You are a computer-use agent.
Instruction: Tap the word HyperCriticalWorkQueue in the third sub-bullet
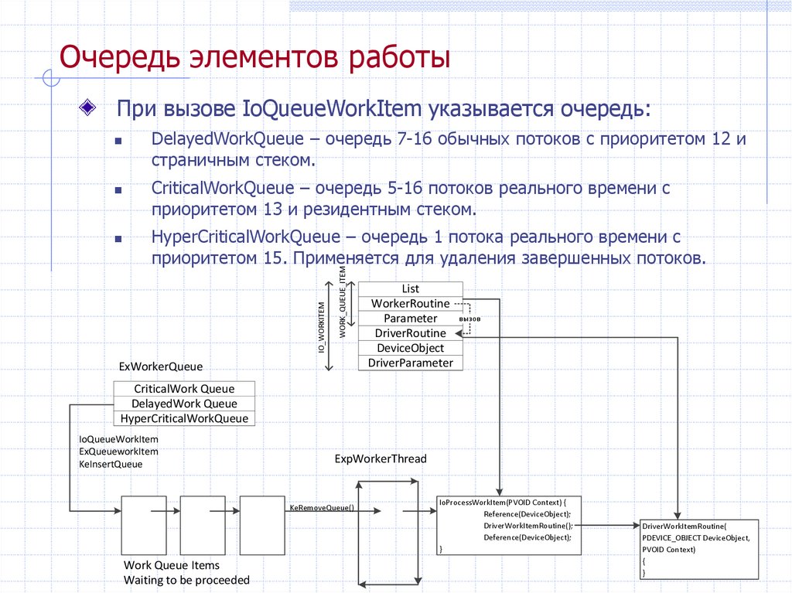(x=245, y=237)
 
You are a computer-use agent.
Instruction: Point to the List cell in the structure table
(x=410, y=288)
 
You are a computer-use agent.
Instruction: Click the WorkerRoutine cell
(x=410, y=303)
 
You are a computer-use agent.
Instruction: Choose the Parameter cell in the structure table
(x=410, y=319)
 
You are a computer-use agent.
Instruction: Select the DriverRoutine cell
(x=410, y=333)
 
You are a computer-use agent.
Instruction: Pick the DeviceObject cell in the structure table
(x=410, y=348)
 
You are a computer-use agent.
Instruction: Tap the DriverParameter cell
(x=410, y=363)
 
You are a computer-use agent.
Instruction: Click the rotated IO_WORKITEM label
(x=320, y=328)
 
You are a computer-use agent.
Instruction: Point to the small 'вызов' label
(x=469, y=319)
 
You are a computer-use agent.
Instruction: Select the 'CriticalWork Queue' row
(x=184, y=389)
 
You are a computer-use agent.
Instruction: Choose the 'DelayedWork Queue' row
(x=184, y=404)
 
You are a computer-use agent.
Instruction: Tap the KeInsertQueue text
(x=111, y=464)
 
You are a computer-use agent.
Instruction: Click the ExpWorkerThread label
(x=380, y=458)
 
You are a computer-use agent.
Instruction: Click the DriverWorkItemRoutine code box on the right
(x=699, y=548)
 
